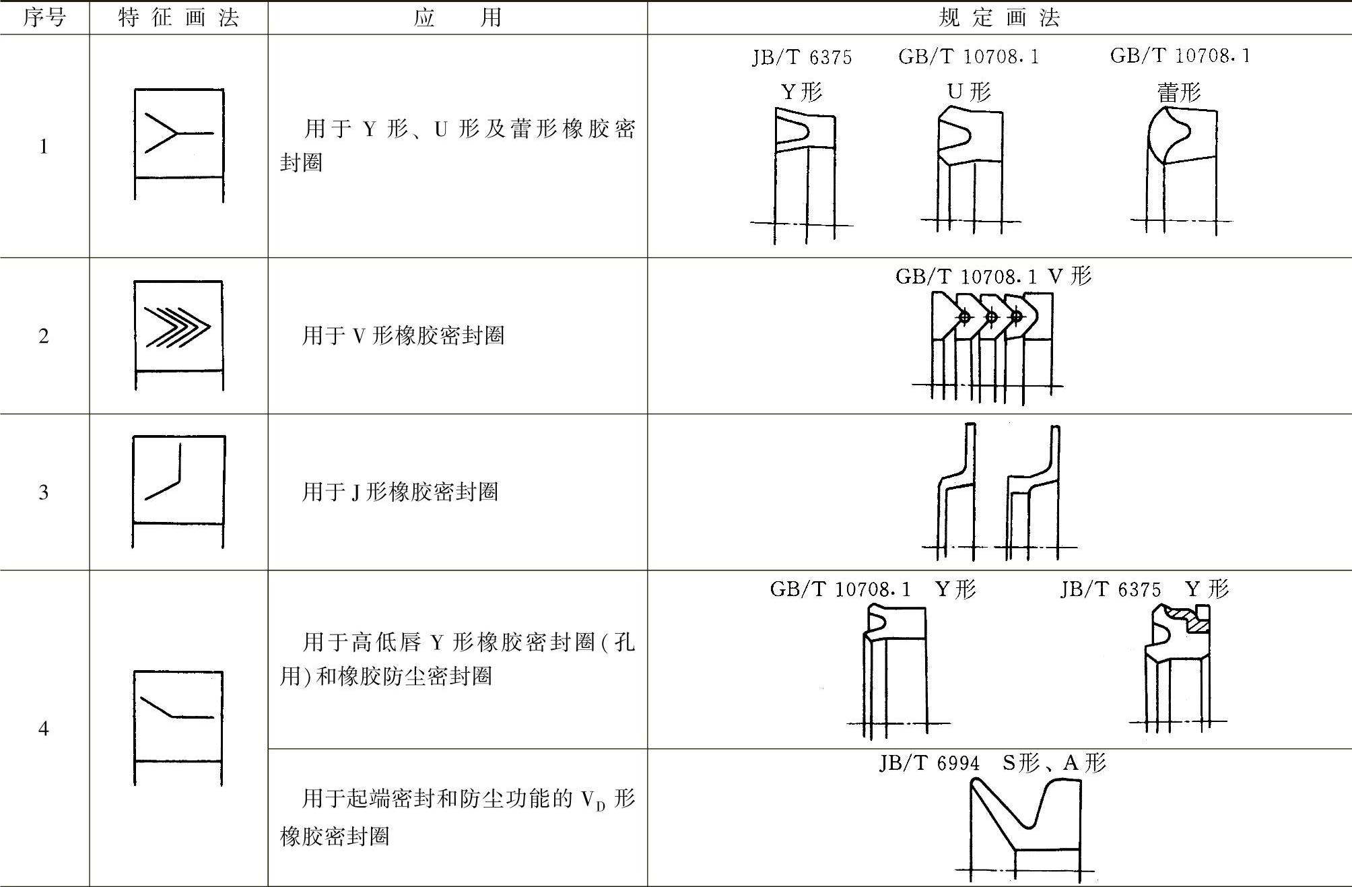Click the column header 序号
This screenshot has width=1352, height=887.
click(x=44, y=18)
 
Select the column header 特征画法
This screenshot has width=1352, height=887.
click(x=178, y=18)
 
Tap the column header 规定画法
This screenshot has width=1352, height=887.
click(x=999, y=18)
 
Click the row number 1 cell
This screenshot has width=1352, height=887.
click(x=44, y=146)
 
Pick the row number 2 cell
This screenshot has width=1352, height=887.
click(x=44, y=335)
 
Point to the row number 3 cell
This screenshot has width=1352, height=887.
click(x=44, y=492)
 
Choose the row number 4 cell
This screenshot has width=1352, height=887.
click(x=44, y=728)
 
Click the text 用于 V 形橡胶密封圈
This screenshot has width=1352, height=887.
click(x=403, y=335)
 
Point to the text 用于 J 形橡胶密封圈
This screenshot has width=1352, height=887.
click(x=400, y=492)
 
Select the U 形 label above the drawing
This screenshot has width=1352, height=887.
click(x=969, y=92)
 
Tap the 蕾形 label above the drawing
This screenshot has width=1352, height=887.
click(x=1179, y=92)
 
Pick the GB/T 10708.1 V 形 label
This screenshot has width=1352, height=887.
click(x=993, y=276)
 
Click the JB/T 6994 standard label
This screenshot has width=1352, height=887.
click(x=929, y=763)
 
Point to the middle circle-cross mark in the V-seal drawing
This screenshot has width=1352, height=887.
click(x=991, y=317)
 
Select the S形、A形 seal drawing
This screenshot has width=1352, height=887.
click(x=1023, y=825)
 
